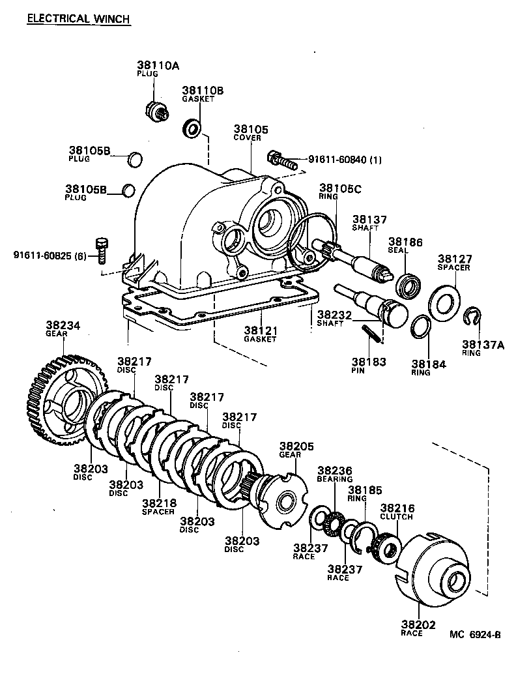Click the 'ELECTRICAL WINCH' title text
click(78, 18)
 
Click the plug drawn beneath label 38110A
click(155, 111)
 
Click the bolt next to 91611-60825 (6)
click(100, 248)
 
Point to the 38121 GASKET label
click(260, 333)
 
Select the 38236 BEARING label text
click(335, 473)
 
